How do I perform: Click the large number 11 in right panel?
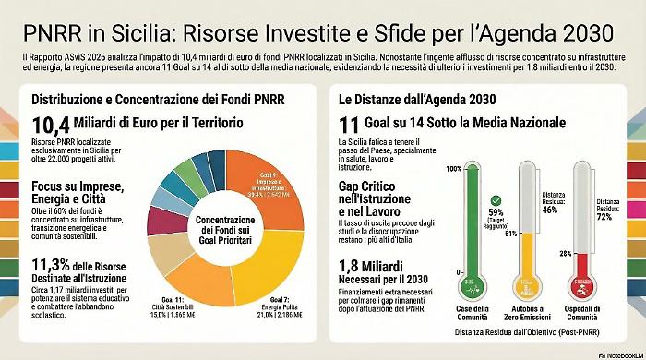[x=349, y=126]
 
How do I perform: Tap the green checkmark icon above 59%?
[x=496, y=199]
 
